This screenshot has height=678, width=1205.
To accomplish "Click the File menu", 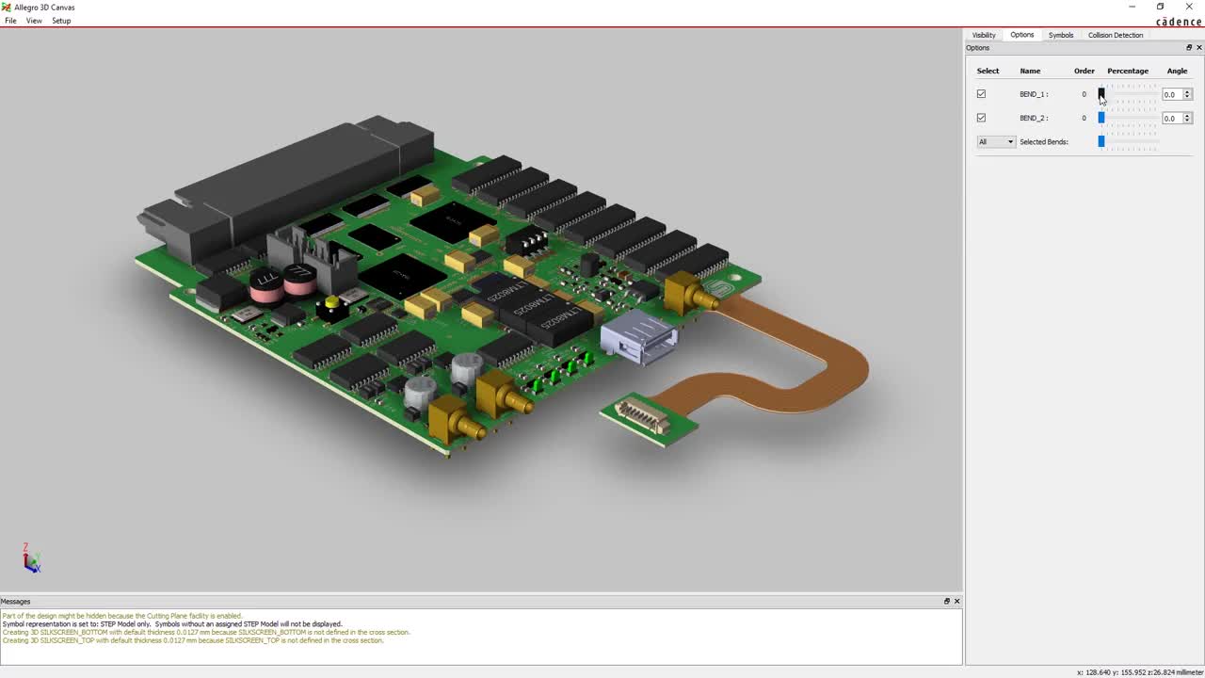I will pos(10,21).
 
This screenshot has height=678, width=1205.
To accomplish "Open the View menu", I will pos(34,21).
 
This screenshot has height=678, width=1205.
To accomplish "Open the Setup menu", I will pos(61,21).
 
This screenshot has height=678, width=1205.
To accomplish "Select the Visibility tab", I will pos(984,35).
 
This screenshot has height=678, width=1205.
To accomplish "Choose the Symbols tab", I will pos(1061,35).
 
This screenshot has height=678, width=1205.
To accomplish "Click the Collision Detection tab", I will pos(1116,35).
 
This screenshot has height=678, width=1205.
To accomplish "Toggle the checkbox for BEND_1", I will pos(981,94).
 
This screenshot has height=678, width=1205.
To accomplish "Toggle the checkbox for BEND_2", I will pos(981,118).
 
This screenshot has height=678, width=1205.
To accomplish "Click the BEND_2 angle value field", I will pos(1171,118).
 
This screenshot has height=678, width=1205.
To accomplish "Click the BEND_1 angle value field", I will pos(1171,94).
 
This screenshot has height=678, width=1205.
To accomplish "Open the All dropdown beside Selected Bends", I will pos(996,142).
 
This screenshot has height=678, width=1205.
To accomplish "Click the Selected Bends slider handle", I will pos(1101,142).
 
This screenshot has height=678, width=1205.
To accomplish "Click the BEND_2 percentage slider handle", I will pos(1101,118).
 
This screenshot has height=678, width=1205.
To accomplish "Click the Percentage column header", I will pos(1128,71).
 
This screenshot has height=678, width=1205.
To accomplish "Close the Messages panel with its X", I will pos(957,601).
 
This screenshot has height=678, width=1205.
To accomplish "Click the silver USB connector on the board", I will pos(638,337).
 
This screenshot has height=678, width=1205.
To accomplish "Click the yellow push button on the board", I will pos(331,302).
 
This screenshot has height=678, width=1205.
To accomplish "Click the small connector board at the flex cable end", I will pos(648,417).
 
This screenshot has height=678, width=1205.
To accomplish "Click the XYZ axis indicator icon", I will pos(31,559).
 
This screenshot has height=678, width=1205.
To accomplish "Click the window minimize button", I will pos(1132,7).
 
